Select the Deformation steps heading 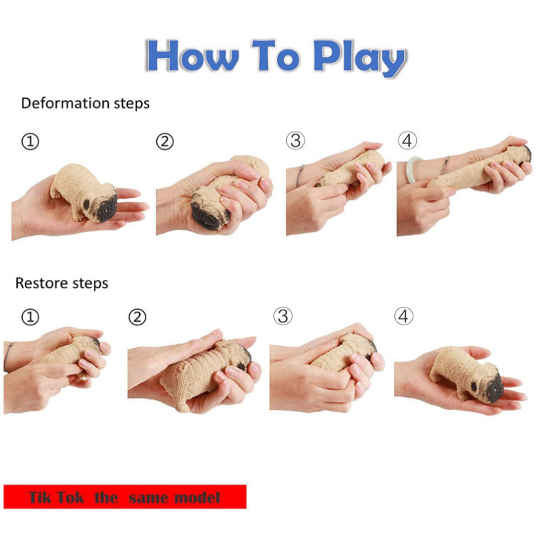pos(85,103)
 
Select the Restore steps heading pos(62,283)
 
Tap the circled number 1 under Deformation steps pos(30,142)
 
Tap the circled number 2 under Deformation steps pos(165,142)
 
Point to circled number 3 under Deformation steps pos(295,141)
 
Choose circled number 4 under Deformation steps pos(408,141)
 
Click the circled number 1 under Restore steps pos(30,317)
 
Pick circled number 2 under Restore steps pos(137,317)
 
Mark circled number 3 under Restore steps pos(283,316)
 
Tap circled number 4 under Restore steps pos(404,316)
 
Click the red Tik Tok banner pos(125,497)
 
